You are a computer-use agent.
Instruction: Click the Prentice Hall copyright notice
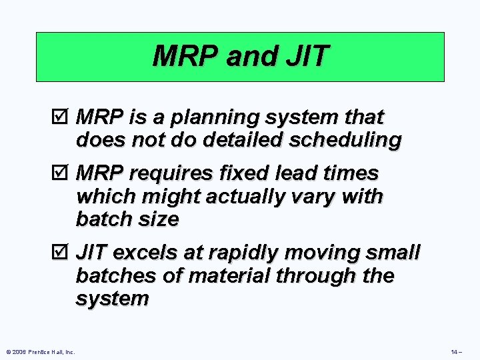39,351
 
